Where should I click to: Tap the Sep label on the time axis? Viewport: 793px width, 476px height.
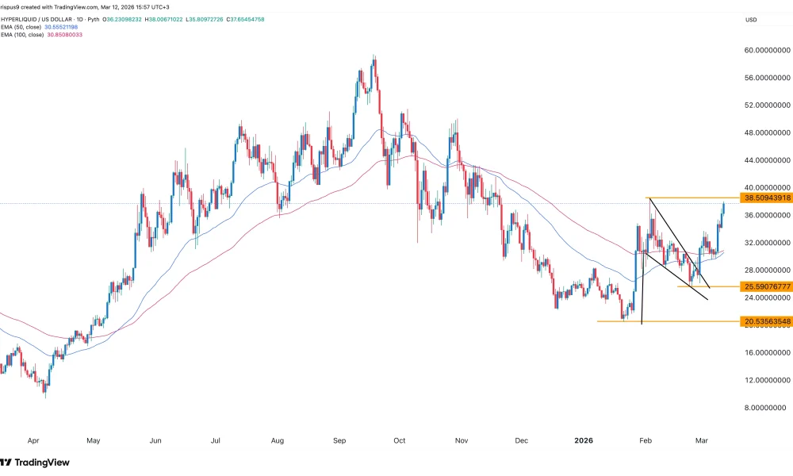[x=339, y=439]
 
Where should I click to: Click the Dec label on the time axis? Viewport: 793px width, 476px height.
[x=521, y=439]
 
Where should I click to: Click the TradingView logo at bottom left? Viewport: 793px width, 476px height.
[x=36, y=462]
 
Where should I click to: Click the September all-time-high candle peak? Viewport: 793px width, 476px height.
[x=374, y=56]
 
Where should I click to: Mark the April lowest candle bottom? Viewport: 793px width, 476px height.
[x=45, y=396]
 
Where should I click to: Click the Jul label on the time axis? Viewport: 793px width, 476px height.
[x=216, y=439]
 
